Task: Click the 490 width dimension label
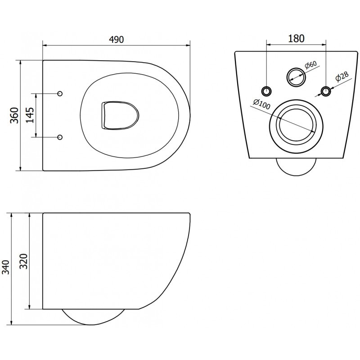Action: tap(116, 39)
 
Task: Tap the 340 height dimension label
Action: tap(6, 268)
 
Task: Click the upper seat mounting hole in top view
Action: tap(60, 94)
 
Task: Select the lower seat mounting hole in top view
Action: tap(60, 137)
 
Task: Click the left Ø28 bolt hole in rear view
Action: tap(267, 91)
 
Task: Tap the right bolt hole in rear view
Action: tap(325, 91)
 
